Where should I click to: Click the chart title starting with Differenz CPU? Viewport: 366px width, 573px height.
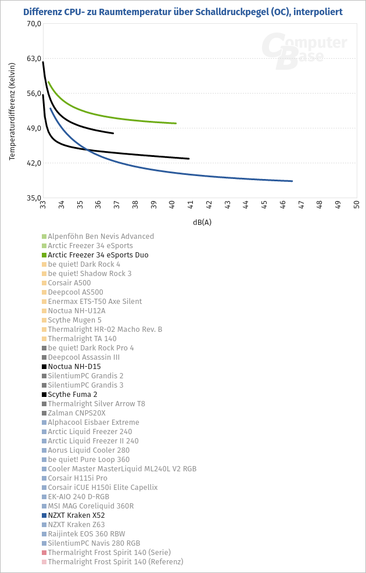coord(182,12)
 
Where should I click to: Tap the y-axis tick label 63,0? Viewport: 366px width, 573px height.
coord(33,59)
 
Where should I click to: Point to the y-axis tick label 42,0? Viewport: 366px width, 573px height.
coord(33,163)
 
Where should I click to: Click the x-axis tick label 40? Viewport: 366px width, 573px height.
coord(173,205)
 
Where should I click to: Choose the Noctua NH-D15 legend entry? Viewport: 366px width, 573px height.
coord(74,367)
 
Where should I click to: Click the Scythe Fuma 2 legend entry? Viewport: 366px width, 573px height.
coord(72,395)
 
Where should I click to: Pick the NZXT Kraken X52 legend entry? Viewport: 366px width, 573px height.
coord(76,515)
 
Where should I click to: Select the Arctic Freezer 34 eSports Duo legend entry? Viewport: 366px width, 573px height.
coord(98,255)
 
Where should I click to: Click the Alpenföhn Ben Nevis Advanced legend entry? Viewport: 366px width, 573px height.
coord(101,237)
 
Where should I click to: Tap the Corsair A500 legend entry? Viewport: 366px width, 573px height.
coord(69,283)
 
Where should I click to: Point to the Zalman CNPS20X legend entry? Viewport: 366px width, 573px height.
coord(77,413)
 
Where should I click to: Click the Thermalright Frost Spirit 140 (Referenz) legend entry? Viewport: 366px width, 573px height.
coord(115,562)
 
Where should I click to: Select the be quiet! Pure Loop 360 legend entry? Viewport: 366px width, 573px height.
coord(88,460)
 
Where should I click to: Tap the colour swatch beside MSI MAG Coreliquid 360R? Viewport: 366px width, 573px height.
coord(44,506)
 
